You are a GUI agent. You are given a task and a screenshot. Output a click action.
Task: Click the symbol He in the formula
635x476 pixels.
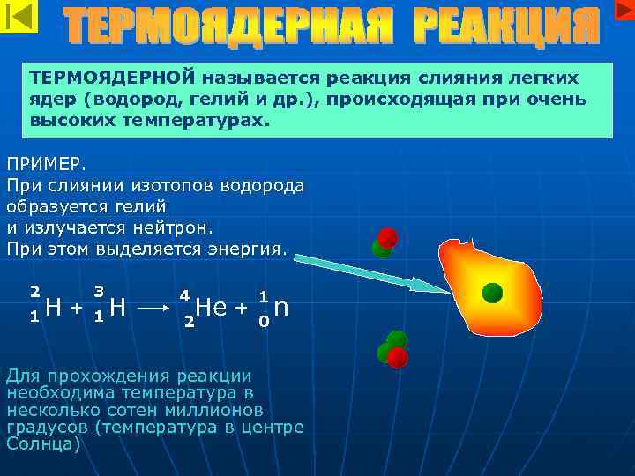click(x=212, y=307)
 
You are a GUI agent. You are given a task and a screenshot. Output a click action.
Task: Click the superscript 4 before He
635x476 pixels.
click(x=184, y=294)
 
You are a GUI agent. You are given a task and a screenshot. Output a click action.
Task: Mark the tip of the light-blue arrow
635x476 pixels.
click(x=446, y=291)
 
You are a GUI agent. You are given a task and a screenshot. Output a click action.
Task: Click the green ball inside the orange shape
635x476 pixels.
click(x=492, y=294)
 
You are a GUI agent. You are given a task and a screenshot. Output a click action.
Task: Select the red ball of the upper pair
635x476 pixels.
click(x=387, y=237)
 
